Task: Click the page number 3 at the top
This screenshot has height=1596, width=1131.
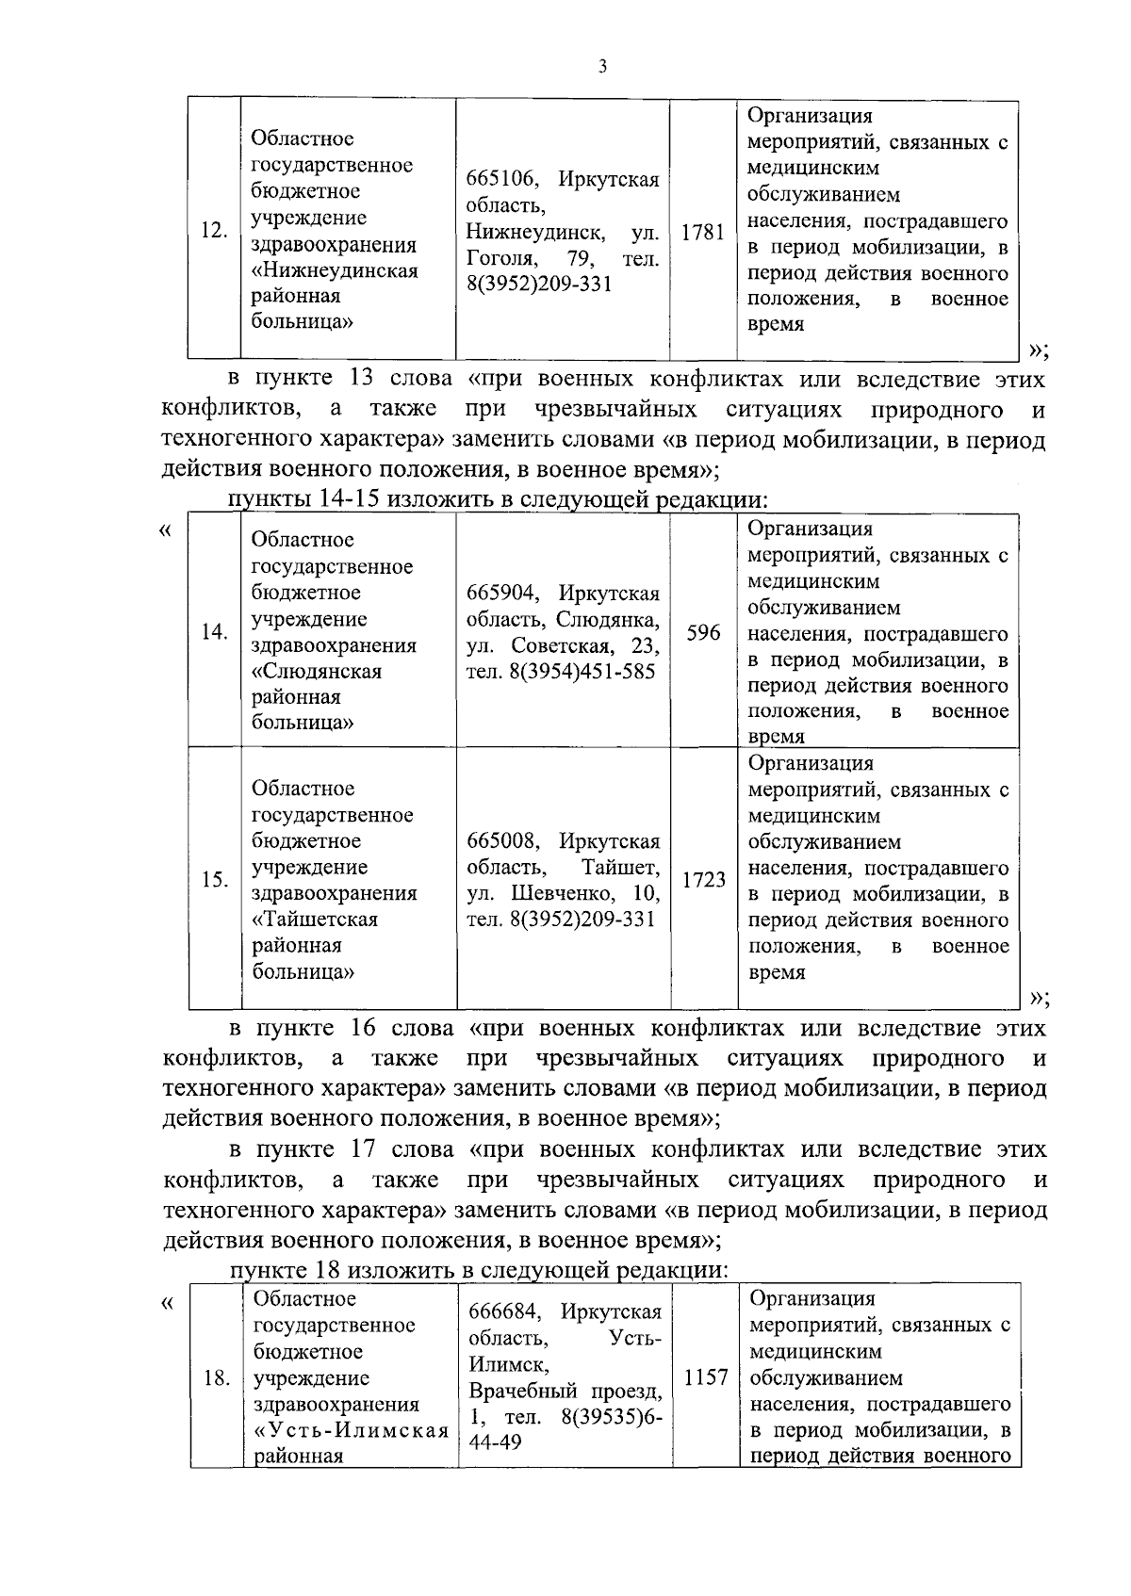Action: coord(601,66)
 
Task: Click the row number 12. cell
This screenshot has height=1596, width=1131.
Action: coord(215,231)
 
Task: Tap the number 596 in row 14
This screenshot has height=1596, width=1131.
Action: coord(703,632)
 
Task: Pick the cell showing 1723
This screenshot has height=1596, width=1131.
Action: coord(703,879)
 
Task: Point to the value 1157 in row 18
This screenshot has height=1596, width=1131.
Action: coord(706,1377)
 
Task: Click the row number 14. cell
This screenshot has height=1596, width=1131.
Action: coord(215,632)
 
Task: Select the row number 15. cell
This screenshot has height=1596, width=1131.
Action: coord(215,879)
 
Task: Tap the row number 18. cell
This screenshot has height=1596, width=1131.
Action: coord(217,1378)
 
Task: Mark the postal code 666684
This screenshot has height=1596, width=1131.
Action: coord(503,1311)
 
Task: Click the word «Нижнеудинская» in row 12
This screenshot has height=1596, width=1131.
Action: coord(335,271)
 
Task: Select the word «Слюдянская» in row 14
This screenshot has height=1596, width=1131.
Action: coord(317,672)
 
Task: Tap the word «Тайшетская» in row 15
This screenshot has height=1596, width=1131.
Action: coord(315,920)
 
